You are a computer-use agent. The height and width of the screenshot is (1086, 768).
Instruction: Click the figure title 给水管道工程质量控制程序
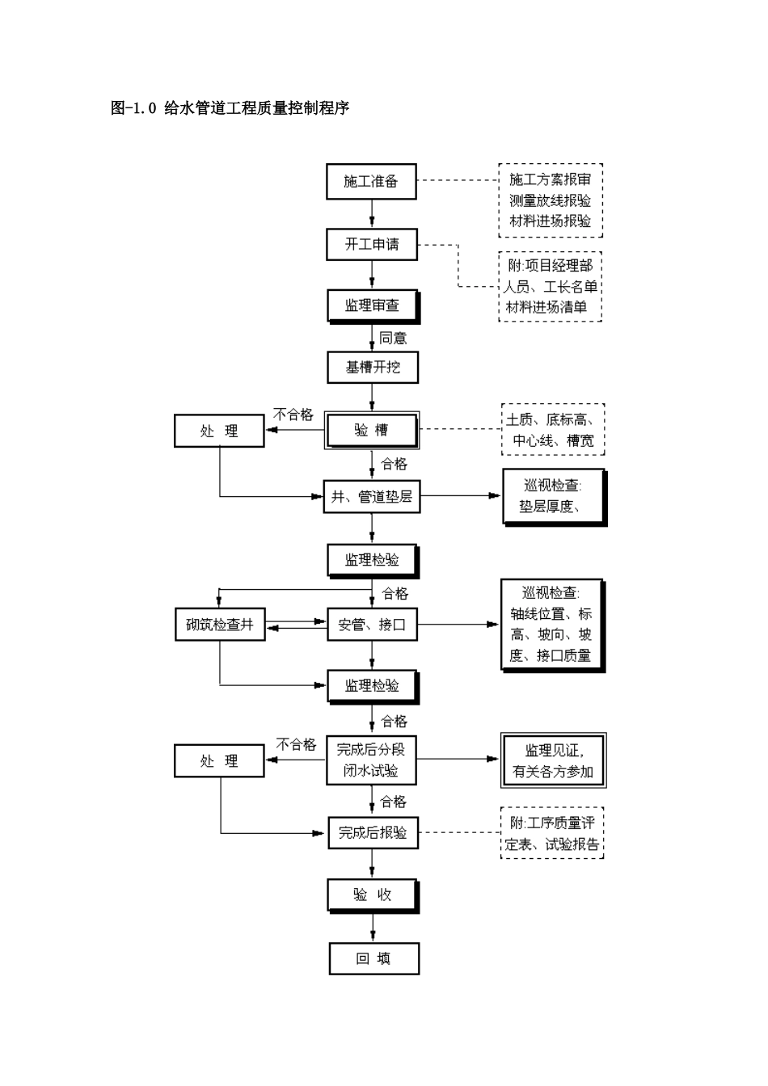coord(230,108)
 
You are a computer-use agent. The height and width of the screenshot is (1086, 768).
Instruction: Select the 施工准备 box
coord(371,181)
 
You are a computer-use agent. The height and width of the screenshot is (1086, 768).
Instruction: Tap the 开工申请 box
coord(371,244)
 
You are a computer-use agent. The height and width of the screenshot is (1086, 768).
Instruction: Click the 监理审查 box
coord(372,305)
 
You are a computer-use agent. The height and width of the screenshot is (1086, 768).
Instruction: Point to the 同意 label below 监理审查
coord(393,338)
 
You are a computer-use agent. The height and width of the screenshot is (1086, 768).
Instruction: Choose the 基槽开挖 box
coord(372,367)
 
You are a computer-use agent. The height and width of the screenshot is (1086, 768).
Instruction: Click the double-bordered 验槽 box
coord(372,431)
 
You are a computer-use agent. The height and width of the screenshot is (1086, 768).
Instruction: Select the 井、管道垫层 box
coord(372,496)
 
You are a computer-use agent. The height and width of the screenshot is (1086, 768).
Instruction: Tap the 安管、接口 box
coord(372,625)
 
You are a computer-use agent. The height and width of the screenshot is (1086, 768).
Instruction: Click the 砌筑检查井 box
coord(220,625)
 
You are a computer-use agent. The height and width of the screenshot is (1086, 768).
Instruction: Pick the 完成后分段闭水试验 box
coord(371,760)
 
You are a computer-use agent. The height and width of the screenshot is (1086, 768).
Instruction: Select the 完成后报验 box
coord(373,832)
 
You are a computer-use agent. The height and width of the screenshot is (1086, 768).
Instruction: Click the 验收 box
coord(373,894)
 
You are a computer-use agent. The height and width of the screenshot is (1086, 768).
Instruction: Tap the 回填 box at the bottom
coord(373,958)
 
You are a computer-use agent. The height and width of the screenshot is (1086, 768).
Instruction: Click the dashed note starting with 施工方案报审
coord(551,200)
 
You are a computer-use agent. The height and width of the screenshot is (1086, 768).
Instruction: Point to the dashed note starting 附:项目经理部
coord(551,286)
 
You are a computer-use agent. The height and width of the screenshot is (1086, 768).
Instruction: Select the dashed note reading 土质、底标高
coord(553,430)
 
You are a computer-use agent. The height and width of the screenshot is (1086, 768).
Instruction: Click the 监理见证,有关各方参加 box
coord(553,760)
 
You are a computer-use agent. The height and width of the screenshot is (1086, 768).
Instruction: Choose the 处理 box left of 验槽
coord(219,431)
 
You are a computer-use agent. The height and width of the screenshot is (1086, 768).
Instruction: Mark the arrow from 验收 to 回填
coord(373,927)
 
